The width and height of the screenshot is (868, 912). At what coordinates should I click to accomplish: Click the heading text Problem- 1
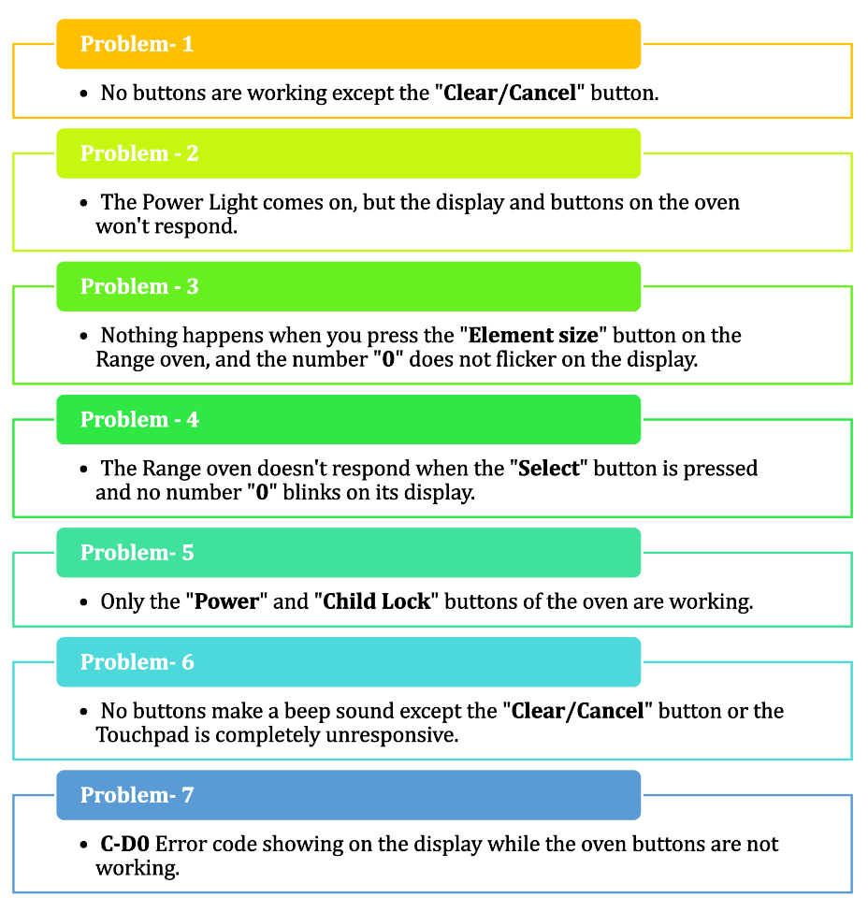point(137,44)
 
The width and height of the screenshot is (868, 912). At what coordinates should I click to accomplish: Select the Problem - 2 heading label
point(139,153)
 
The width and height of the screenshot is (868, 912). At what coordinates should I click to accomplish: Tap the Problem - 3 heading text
point(139,286)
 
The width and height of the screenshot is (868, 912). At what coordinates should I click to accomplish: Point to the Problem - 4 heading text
point(139,419)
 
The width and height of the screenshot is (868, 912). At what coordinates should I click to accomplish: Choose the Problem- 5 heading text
point(137,553)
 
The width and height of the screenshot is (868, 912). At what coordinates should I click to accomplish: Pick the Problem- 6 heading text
point(137,662)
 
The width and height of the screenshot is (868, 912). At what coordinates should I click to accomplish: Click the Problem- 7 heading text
point(137,795)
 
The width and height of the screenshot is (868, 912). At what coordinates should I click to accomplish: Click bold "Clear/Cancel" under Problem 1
point(510,93)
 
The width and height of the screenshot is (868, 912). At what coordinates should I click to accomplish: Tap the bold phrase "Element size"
point(533,336)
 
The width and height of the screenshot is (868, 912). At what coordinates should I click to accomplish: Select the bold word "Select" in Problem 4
point(549,469)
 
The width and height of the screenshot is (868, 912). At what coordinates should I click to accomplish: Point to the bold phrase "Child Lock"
point(376,601)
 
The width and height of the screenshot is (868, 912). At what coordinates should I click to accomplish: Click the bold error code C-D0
point(125,844)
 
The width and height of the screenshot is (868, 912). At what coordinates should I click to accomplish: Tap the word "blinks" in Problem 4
point(314,493)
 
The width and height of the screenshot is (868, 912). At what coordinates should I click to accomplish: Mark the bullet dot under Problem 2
point(84,203)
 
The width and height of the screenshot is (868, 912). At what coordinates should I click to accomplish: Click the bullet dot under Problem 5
point(84,602)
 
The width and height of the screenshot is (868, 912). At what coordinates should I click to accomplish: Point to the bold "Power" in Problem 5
point(226,601)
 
